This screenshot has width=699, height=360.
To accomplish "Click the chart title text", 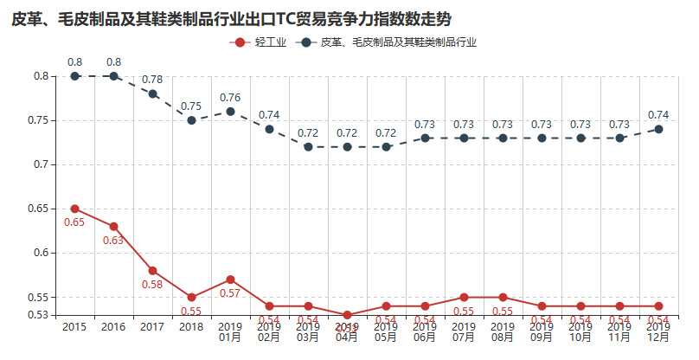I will click(232, 18).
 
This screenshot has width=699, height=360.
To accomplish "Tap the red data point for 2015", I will click(75, 209).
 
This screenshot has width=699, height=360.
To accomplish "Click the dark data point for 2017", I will click(153, 93).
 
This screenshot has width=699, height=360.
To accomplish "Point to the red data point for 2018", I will click(192, 297).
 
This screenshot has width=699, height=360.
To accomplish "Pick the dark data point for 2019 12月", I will click(658, 129).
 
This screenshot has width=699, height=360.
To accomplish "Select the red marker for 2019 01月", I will click(230, 280).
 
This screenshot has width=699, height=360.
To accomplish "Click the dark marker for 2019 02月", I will click(269, 129).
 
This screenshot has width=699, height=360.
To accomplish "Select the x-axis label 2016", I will click(113, 326).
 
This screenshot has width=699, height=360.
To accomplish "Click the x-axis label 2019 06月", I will click(425, 331).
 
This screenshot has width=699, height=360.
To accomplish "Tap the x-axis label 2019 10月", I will click(580, 331).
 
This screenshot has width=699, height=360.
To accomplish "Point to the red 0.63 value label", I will click(113, 240).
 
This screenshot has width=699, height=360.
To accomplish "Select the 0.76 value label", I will click(230, 97).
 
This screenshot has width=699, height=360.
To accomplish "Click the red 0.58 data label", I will click(152, 284).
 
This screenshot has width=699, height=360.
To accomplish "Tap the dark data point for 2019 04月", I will click(347, 147).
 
